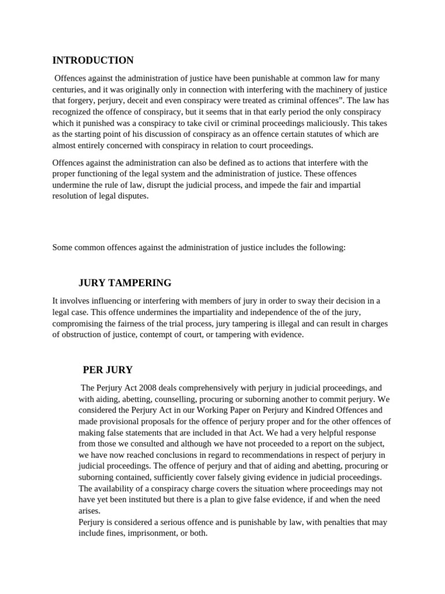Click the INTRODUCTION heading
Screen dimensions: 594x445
(93, 60)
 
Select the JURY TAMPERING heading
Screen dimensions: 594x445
(125, 283)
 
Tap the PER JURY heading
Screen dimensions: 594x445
(108, 370)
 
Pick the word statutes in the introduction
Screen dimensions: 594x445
(312, 134)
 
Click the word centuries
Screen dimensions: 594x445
(69, 89)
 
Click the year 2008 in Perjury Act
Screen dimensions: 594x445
(147, 387)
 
